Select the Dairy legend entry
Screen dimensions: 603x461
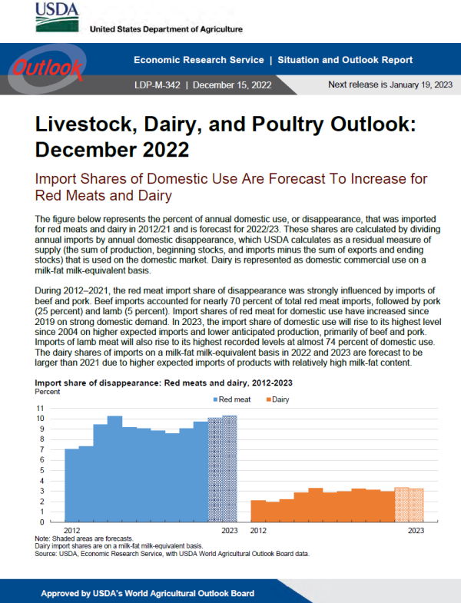(x=277, y=399)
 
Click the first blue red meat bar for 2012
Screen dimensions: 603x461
(x=71, y=485)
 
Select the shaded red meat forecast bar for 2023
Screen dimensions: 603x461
(x=230, y=469)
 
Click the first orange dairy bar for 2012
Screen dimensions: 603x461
(x=258, y=511)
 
